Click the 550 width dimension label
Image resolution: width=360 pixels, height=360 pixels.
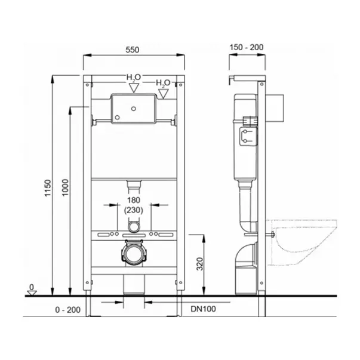click(133, 50)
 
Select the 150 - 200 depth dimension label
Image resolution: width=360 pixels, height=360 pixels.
click(247, 47)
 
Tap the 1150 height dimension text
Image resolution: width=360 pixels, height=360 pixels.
click(48, 188)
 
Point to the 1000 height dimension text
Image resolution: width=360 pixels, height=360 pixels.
click(66, 187)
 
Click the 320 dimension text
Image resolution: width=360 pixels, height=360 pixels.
click(200, 264)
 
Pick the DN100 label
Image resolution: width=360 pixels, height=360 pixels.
click(203, 309)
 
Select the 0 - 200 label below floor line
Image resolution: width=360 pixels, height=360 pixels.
click(67, 310)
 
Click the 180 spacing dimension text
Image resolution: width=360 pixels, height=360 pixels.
click(134, 200)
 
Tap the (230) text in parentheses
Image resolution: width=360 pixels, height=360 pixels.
click(133, 210)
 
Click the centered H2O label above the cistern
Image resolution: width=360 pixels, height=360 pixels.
click(133, 78)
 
